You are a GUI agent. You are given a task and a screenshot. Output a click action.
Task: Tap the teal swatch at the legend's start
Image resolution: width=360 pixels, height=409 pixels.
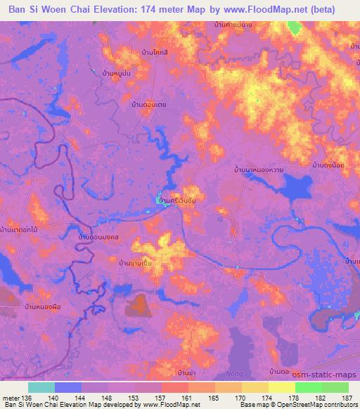coord(41,387)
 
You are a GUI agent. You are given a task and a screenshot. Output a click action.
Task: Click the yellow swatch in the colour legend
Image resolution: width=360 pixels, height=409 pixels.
coord(281,387)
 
